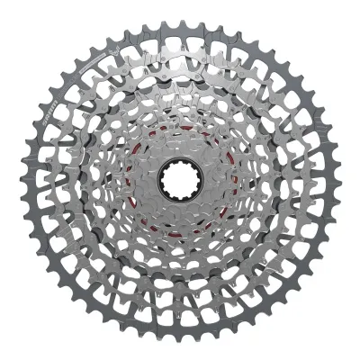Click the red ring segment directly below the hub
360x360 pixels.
tap(179, 223)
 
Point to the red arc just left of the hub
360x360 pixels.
tap(138, 180)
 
